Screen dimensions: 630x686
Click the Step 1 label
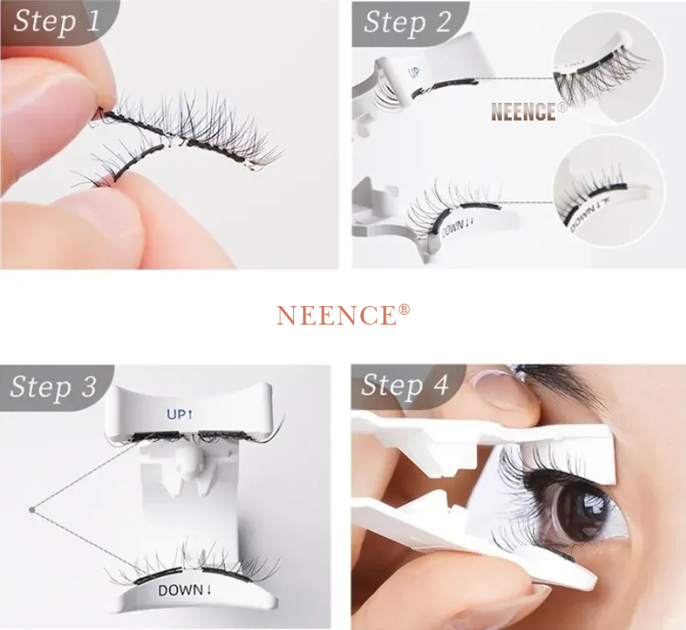click(x=56, y=21)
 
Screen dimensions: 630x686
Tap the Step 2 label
click(x=407, y=22)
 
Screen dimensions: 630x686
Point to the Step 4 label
click(x=405, y=385)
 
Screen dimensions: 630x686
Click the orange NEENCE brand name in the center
click(x=336, y=316)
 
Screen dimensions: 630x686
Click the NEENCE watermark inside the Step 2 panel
click(x=523, y=112)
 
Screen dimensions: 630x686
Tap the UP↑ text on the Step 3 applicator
click(x=178, y=415)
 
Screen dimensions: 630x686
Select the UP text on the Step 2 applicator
click(x=414, y=72)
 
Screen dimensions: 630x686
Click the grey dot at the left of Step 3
click(x=31, y=509)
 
